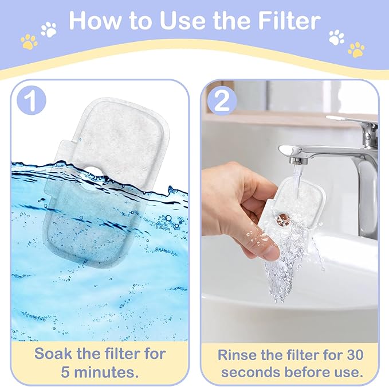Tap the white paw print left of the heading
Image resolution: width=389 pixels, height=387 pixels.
(49, 29)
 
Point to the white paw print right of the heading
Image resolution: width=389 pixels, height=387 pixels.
(336, 37)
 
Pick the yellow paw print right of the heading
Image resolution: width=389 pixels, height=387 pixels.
(356, 49)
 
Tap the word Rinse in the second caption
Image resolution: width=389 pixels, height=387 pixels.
(239, 353)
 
